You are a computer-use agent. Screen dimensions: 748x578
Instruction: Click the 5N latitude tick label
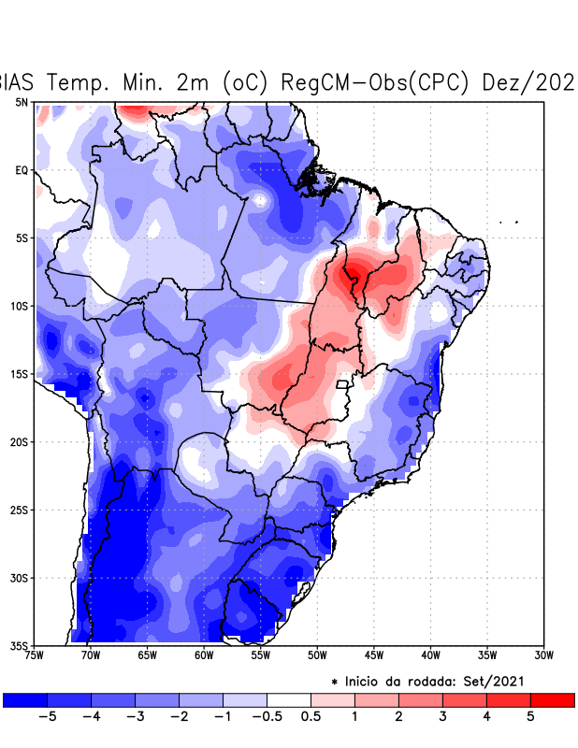[x=22, y=102]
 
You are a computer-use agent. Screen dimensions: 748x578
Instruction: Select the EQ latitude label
[x=22, y=170]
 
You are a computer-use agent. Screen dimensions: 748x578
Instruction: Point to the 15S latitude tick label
[x=19, y=374]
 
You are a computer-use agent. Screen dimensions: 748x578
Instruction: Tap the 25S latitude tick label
[x=19, y=510]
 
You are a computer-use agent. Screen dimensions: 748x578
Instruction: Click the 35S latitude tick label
[x=19, y=645]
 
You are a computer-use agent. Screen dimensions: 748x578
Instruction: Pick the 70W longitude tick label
[x=90, y=655]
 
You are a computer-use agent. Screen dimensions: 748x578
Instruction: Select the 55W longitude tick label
[x=260, y=655]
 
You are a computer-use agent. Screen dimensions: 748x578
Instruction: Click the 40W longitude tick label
[x=430, y=655]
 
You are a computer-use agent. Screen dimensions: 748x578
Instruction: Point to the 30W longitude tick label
[x=544, y=655]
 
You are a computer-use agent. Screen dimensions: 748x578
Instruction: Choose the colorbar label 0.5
[x=311, y=717]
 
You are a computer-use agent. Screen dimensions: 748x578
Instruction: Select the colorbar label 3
[x=442, y=717]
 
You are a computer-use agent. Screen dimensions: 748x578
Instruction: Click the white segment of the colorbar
[x=289, y=699]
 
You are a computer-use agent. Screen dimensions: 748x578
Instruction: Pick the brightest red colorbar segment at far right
[x=553, y=699]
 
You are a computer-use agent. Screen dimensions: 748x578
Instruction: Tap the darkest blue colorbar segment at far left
[x=25, y=699]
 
